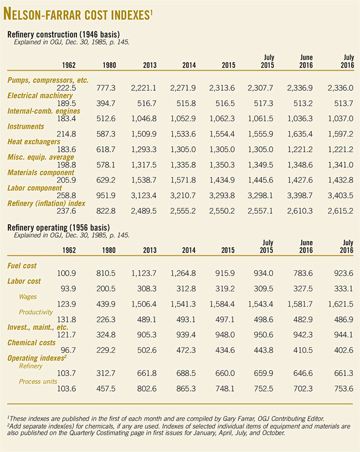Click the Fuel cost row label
coord(24,265)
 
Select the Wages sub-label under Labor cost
coord(28,296)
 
